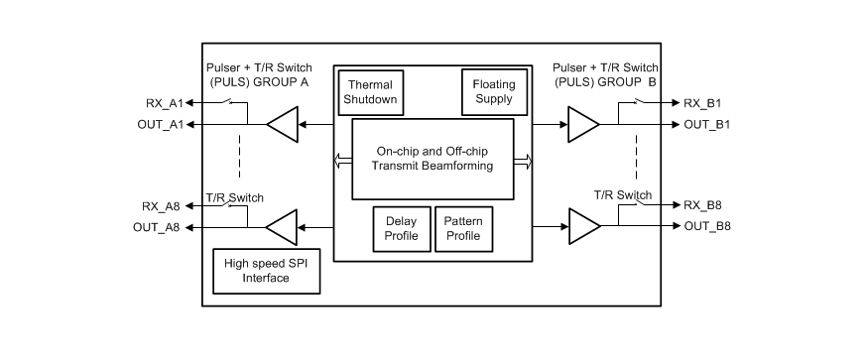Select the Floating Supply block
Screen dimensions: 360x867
click(494, 91)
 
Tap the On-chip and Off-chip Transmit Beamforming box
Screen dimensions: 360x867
click(433, 159)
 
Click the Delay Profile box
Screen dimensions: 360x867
click(401, 228)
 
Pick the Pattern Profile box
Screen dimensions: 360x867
click(461, 228)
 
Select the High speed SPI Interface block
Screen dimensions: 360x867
click(266, 270)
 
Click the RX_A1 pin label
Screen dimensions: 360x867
click(164, 102)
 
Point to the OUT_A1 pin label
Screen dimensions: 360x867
click(160, 124)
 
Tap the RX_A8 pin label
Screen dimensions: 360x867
click(164, 206)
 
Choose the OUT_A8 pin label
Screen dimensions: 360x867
click(160, 228)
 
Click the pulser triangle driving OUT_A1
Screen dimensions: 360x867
click(284, 125)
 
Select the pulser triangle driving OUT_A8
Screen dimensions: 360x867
click(284, 228)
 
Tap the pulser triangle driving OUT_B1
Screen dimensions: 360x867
click(582, 125)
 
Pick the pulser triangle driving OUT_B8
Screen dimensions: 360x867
click(582, 228)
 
